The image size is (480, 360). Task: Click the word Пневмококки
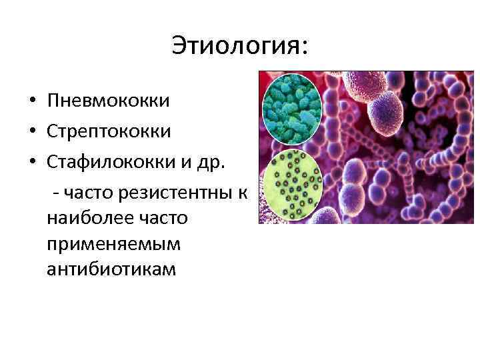tap(109, 101)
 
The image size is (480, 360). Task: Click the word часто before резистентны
tap(91, 193)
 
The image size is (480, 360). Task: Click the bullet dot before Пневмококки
tap(31, 102)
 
